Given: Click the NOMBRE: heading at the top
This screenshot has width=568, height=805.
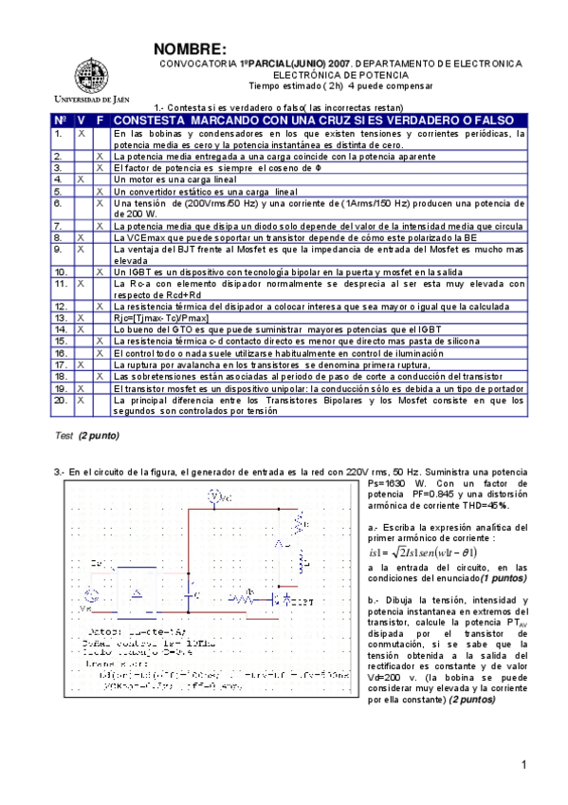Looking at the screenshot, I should tap(190, 49).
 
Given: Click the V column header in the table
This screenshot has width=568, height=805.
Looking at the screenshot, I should tap(81, 121).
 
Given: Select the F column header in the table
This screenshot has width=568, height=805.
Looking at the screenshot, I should tap(100, 121).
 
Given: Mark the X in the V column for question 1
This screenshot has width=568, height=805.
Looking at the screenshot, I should tap(81, 134).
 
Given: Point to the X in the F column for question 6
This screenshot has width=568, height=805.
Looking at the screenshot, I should tap(100, 203).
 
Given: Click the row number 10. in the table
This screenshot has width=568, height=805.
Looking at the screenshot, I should tap(60, 271).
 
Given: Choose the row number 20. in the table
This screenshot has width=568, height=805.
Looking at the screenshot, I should tap(60, 401).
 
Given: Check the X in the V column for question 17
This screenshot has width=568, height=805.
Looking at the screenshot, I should tap(81, 364).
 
